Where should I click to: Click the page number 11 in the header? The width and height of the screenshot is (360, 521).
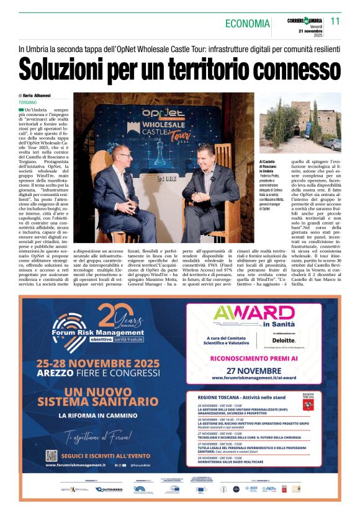pos(336,20)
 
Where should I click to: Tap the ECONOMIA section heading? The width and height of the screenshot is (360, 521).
pos(247,24)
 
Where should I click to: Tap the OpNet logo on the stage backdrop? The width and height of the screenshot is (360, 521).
pos(157,114)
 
